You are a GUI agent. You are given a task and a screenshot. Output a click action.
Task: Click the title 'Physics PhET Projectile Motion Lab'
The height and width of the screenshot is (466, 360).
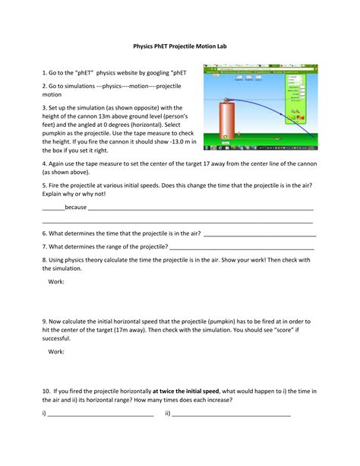click(180, 46)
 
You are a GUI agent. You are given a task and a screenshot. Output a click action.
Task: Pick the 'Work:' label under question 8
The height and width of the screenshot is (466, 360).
click(56, 282)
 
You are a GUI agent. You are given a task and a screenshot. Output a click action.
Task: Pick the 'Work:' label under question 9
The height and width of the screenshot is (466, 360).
click(56, 352)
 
